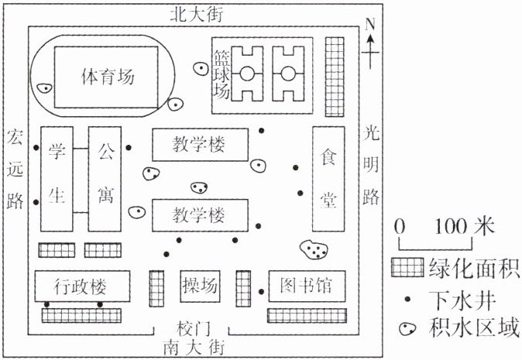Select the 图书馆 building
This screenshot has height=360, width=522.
(304, 287)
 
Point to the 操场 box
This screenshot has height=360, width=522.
(200, 286)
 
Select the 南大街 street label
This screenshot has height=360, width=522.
(194, 346)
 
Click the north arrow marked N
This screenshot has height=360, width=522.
(371, 39)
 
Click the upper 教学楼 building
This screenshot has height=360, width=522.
(200, 143)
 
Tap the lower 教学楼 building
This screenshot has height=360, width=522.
(200, 214)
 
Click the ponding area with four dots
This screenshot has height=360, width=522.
(313, 249)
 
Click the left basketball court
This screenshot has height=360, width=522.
(249, 74)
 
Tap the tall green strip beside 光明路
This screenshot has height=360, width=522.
(334, 74)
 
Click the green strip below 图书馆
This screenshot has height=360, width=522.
(305, 316)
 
